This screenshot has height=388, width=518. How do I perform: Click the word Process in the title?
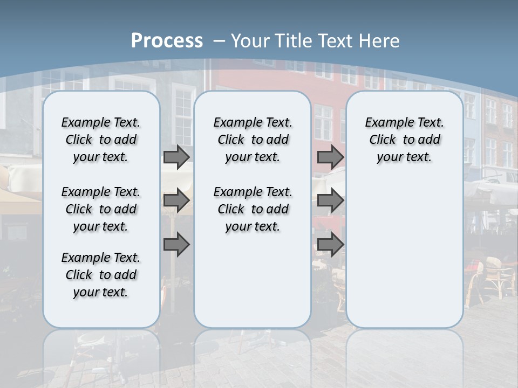pyautogui.click(x=167, y=40)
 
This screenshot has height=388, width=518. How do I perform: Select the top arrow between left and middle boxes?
pyautogui.click(x=176, y=157)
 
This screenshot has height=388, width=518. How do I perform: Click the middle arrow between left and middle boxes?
pyautogui.click(x=176, y=200)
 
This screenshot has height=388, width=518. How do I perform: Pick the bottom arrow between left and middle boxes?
pyautogui.click(x=176, y=244)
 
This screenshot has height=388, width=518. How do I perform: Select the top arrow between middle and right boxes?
pyautogui.click(x=330, y=157)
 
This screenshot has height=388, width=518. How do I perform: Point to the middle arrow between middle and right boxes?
pyautogui.click(x=330, y=200)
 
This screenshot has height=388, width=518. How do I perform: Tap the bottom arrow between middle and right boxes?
pyautogui.click(x=330, y=244)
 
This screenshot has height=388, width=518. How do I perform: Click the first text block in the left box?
pyautogui.click(x=101, y=140)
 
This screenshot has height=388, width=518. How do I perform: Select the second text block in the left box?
pyautogui.click(x=101, y=209)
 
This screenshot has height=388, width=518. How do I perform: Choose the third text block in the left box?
pyautogui.click(x=101, y=275)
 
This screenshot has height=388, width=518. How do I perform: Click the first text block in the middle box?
pyautogui.click(x=253, y=140)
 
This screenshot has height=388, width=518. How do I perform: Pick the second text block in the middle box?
pyautogui.click(x=253, y=209)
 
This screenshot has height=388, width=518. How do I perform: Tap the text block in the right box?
pyautogui.click(x=405, y=140)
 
